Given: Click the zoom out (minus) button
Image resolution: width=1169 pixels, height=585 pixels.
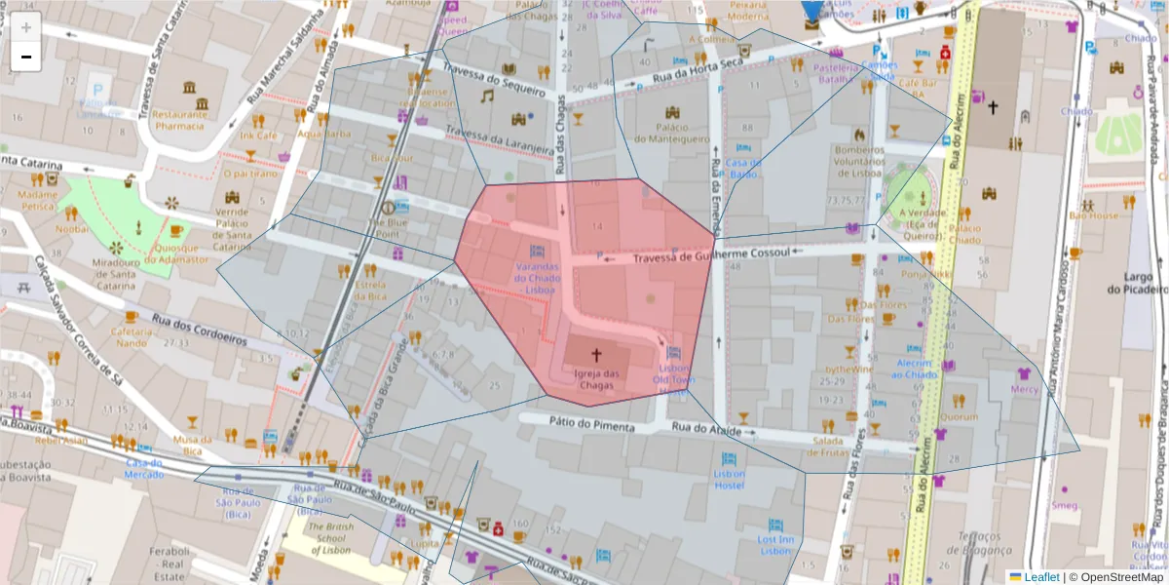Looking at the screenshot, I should coord(26,57).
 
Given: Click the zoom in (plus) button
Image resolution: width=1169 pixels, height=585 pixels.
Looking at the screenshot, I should coord(26,27).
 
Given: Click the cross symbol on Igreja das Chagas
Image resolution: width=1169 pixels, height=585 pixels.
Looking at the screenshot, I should coord(596,354).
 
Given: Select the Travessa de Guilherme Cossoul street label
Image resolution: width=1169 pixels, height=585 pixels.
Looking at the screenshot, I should coord(709,258).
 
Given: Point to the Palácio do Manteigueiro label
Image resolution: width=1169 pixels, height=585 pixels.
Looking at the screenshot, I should coord(672,133).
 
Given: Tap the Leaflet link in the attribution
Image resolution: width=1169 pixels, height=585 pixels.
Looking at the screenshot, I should coord(1040,577).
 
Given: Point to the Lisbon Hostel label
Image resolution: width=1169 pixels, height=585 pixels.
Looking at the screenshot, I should coord(728,479).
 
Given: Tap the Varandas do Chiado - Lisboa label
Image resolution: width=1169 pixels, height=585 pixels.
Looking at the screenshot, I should coord(536,277).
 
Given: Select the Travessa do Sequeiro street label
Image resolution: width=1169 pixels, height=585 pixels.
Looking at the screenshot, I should coord(491,80).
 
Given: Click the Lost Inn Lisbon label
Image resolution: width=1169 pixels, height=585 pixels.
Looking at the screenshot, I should coord(775,544).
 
